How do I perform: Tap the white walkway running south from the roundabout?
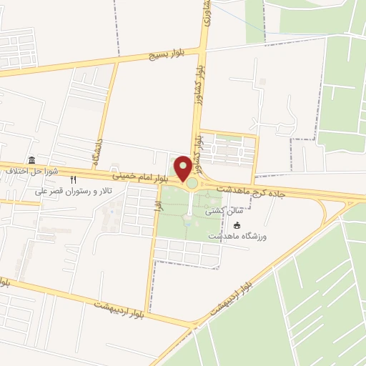coord(190,207)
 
